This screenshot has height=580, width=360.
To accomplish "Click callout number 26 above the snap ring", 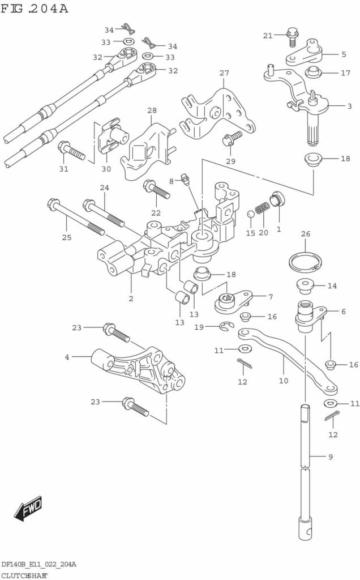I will click(306, 233).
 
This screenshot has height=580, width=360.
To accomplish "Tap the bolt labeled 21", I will click(292, 37).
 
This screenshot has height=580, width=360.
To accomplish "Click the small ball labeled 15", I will click(250, 214).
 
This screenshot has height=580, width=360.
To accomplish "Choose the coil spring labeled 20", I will click(261, 209).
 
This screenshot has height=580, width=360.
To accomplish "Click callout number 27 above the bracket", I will click(224, 73).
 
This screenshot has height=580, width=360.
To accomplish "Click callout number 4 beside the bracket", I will click(67, 357).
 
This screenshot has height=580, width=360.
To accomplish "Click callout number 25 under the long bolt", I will click(67, 237).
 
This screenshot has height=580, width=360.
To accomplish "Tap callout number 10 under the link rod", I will click(283, 381).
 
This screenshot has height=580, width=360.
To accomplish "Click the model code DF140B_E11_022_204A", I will click(38, 565).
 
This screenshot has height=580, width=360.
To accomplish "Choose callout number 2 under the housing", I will click(131, 298).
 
